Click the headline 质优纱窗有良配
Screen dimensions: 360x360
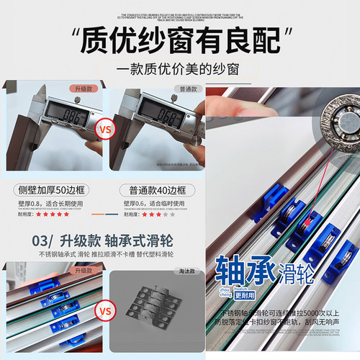pos(180,41)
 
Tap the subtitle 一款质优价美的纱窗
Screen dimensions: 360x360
pos(180,71)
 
